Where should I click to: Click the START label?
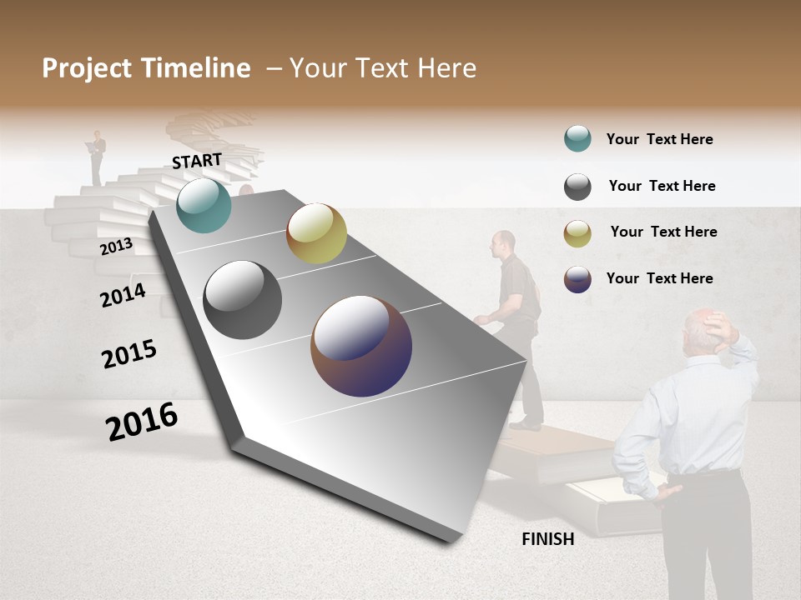[x=197, y=160]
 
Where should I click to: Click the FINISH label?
[x=548, y=539]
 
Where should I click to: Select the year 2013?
[x=116, y=247]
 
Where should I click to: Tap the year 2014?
[x=123, y=295]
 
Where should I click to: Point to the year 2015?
[x=129, y=354]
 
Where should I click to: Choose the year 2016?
[x=142, y=422]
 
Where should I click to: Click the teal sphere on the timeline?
[x=204, y=205]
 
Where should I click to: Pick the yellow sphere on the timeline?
[x=316, y=233]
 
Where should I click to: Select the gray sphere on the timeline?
[x=243, y=300]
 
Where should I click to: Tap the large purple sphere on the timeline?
[x=361, y=346]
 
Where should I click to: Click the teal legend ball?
[x=577, y=139]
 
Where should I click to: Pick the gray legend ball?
[x=577, y=187]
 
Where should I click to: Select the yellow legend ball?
[x=577, y=232]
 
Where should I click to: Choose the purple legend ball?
[x=577, y=279]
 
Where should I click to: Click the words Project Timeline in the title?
[x=146, y=68]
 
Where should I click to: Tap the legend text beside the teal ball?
[x=659, y=139]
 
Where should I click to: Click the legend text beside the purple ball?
[x=659, y=278]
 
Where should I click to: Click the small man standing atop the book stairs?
[x=98, y=156]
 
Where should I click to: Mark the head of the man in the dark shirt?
[x=502, y=243]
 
